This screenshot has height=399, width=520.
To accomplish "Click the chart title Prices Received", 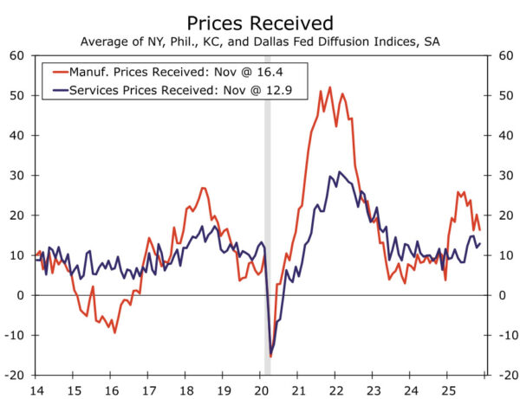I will click(x=259, y=20).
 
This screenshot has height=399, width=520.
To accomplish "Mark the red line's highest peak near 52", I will click(x=330, y=87).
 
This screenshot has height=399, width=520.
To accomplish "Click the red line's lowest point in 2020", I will click(x=270, y=356).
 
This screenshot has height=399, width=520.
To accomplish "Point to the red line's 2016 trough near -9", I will click(x=114, y=332).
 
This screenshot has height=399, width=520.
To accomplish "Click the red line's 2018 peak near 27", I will click(x=202, y=188).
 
